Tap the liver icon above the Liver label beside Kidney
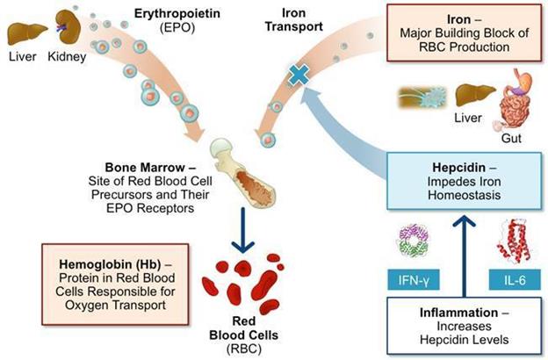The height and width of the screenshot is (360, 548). click(22, 32)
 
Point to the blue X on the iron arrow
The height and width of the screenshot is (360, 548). click(299, 76)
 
